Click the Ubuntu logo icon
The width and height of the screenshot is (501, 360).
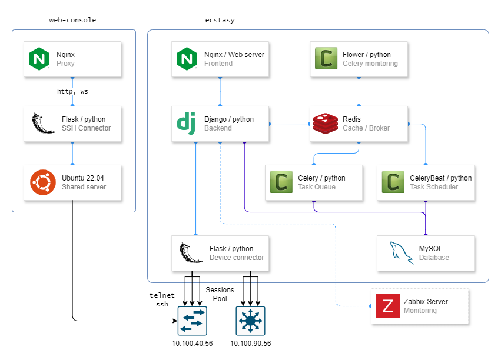43,182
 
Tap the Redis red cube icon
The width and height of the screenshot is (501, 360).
326,124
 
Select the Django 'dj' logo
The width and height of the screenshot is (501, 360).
187,124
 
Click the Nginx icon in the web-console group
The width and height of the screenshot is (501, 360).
40,59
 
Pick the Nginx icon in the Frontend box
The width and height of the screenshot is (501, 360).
187,59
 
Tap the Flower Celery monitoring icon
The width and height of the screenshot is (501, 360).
326,59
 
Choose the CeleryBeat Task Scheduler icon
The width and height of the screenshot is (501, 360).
393,182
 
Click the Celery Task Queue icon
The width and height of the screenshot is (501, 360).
281,182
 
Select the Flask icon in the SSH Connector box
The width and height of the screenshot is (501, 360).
43,124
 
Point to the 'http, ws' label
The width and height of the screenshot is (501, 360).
72,92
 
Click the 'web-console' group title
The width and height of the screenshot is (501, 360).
72,20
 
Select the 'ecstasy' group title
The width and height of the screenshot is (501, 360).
220,20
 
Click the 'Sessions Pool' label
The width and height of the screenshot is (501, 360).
220,294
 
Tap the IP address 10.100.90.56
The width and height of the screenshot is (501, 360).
250,344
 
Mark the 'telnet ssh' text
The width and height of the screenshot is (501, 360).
162,300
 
